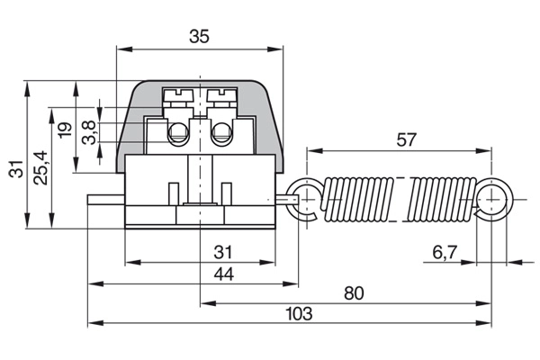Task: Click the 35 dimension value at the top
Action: tap(200, 37)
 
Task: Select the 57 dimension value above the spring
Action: tap(406, 139)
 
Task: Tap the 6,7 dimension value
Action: tap(444, 253)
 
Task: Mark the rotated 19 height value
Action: tap(64, 130)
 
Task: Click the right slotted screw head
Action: tap(220, 93)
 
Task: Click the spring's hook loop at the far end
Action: tap(492, 198)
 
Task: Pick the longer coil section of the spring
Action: tap(358, 199)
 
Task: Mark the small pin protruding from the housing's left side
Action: tap(105, 199)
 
